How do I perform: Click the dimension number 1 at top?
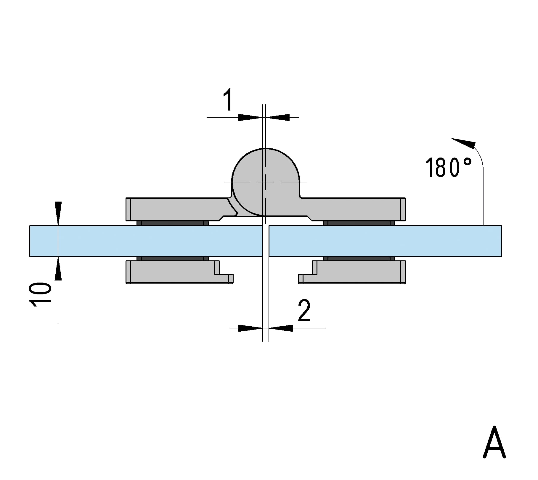(228, 100)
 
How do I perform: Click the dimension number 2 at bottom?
(304, 310)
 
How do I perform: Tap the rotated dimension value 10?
(40, 294)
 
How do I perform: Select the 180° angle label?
(448, 167)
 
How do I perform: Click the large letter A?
(494, 442)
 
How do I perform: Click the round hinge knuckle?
(266, 182)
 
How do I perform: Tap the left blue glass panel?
(146, 241)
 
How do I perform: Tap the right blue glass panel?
(385, 241)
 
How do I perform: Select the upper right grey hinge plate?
(355, 209)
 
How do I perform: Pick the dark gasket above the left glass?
(173, 223)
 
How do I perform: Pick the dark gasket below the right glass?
(359, 259)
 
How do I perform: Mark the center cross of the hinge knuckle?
(266, 182)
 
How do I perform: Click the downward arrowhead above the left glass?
(58, 213)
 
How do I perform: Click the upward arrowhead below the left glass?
(58, 268)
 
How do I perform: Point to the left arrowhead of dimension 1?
(250, 117)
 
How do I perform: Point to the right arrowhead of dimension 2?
(281, 328)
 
